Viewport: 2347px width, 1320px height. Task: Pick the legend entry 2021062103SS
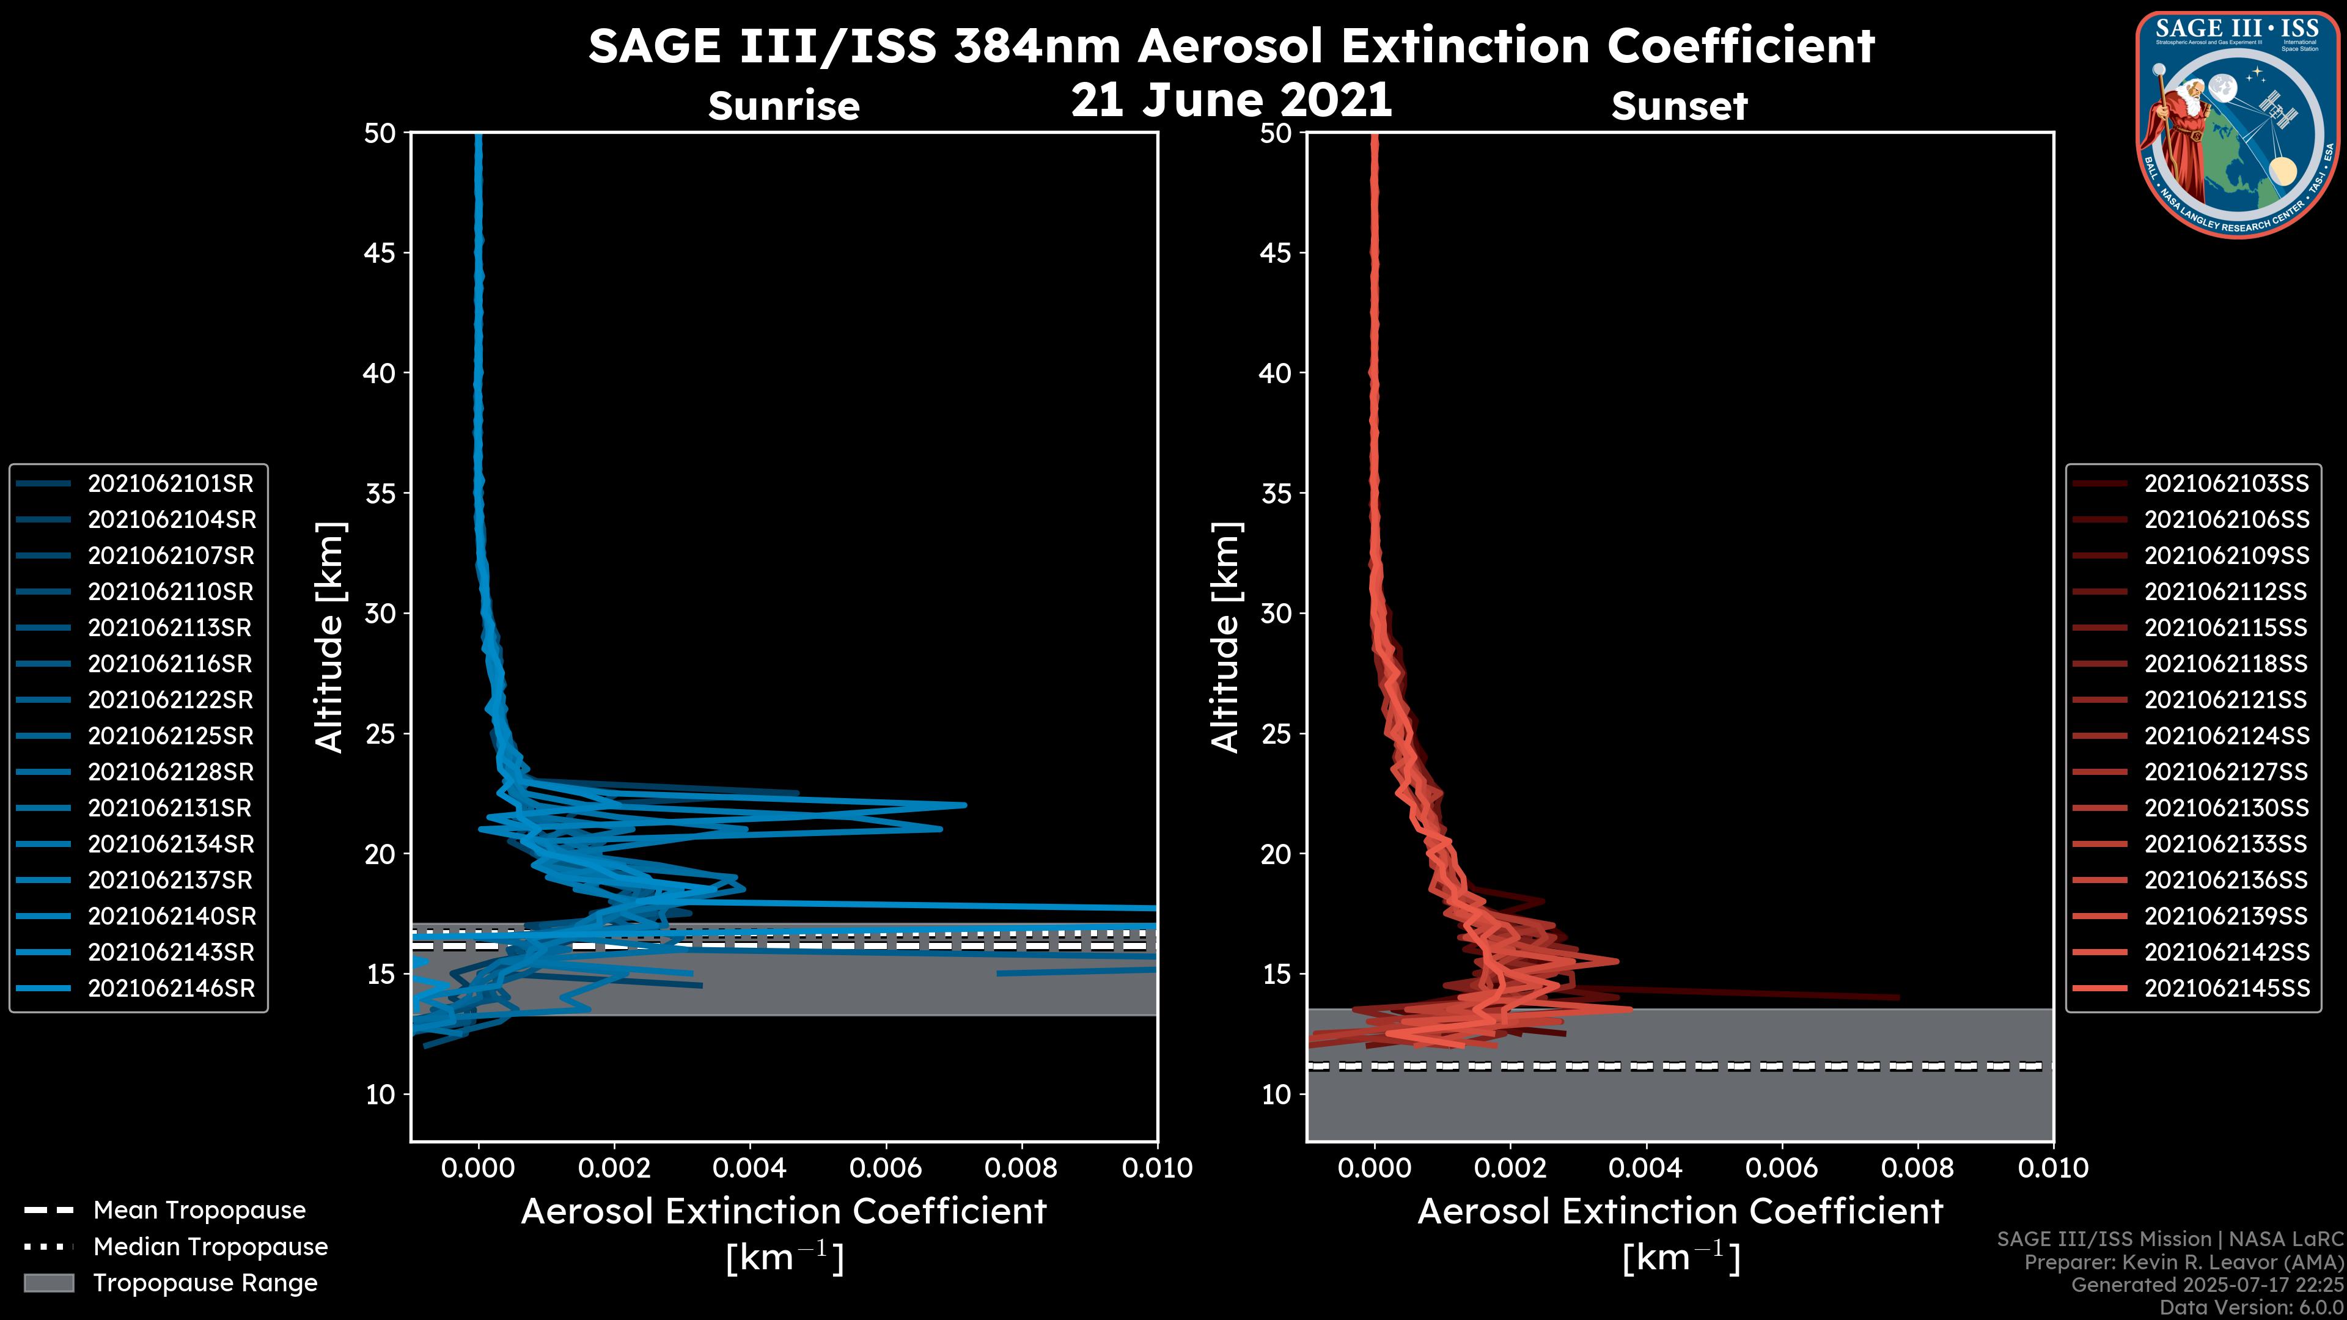tap(2226, 484)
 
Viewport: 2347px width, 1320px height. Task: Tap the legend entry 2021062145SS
tap(2226, 988)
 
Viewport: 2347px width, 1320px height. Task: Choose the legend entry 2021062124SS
tap(2226, 736)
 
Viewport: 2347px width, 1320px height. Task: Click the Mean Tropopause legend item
tap(199, 1210)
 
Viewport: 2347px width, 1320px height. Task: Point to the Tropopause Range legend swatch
tap(48, 1283)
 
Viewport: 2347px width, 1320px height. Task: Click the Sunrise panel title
tap(784, 106)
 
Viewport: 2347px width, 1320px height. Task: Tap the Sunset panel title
tap(1679, 106)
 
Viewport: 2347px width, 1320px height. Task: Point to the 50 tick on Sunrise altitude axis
tap(380, 133)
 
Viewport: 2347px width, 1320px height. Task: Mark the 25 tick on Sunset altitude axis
tap(1276, 733)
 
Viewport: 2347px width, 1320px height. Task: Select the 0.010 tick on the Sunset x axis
tap(2053, 1168)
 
